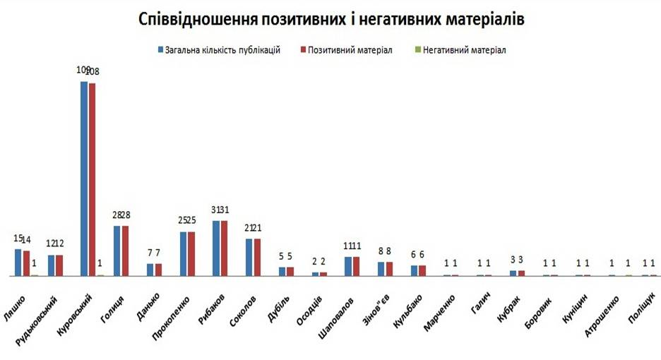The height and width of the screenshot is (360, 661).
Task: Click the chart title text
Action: [331, 19]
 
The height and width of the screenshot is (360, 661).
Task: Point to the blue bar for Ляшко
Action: [18, 262]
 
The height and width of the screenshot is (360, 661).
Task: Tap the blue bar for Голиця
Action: [117, 251]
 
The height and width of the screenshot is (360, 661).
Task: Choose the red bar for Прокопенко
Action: [191, 253]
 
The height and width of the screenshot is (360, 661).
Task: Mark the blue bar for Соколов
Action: [249, 257]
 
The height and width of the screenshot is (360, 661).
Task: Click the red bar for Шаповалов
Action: [356, 266]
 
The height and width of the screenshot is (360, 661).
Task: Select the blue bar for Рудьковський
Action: [52, 265]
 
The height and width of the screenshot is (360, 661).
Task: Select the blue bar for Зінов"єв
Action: [381, 268]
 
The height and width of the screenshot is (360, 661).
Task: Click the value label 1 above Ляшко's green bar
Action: [34, 263]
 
